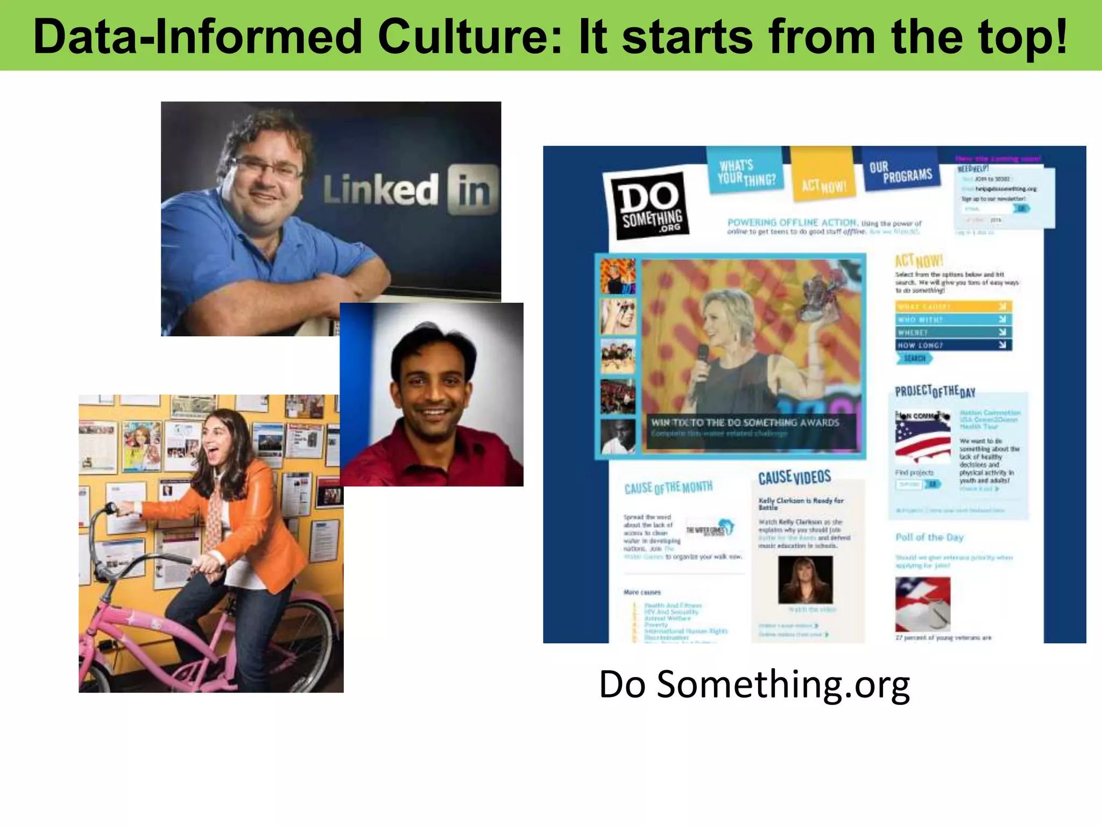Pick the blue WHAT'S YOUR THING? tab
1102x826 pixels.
click(x=746, y=172)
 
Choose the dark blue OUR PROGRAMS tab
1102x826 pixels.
click(x=902, y=170)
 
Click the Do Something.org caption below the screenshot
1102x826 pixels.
click(x=754, y=684)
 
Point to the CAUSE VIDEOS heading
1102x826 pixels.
click(x=794, y=478)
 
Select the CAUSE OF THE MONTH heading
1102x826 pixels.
click(x=668, y=488)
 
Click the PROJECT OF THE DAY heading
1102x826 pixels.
click(x=935, y=391)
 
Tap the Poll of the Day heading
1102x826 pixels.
click(x=929, y=537)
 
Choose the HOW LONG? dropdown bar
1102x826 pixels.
click(x=953, y=345)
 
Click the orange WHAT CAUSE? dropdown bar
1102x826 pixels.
click(x=953, y=307)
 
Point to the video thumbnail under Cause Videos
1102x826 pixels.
click(x=805, y=580)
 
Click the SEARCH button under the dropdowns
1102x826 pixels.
click(x=914, y=359)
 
